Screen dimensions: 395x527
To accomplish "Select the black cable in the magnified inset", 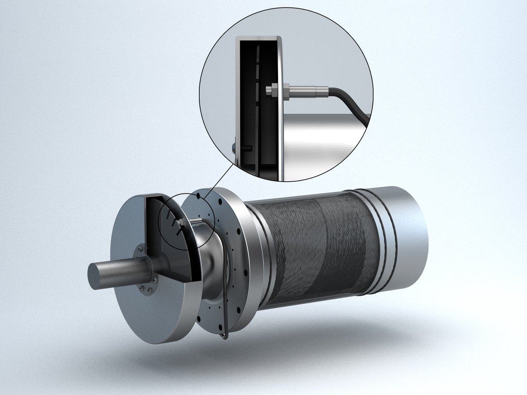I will [351, 101].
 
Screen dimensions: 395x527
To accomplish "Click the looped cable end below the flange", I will [224, 336].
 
